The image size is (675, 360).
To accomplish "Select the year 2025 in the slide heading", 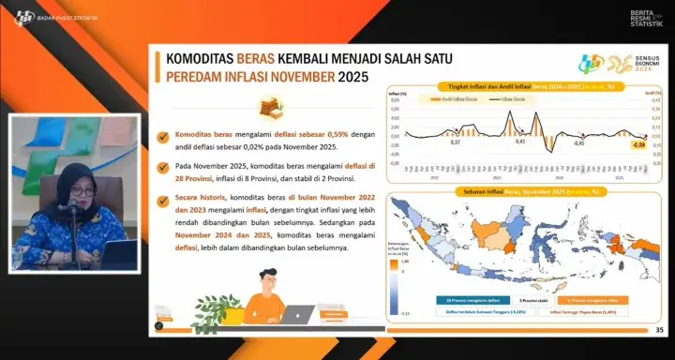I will tap(352, 77).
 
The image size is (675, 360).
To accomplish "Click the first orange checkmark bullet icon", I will tap(165, 134).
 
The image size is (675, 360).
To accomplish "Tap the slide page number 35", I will tap(659, 329).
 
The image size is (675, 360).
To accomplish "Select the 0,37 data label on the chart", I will tap(456, 142).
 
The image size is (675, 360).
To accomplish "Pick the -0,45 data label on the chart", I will tap(578, 143).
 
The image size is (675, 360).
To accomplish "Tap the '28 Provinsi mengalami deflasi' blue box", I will tap(466, 301).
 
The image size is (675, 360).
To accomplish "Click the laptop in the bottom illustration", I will tap(297, 315).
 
